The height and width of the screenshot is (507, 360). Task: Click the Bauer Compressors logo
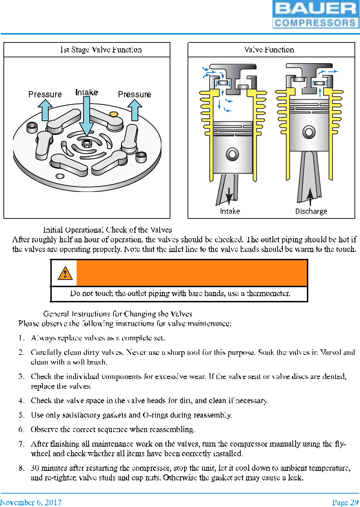coord(316,14)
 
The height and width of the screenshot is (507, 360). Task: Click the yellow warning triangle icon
coord(65,273)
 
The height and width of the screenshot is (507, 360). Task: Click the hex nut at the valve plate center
coord(87,143)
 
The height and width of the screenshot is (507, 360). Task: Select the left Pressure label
coord(45,94)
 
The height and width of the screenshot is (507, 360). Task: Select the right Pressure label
coord(134,94)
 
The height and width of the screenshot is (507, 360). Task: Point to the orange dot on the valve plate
coord(113,114)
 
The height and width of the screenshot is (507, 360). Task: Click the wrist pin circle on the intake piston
coord(232,154)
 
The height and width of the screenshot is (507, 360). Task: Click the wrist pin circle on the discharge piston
coord(309,131)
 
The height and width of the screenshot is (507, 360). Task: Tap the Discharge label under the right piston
coord(311,211)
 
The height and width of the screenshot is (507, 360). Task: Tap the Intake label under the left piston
coord(230,211)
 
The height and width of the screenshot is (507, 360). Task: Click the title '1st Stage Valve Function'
coord(101,50)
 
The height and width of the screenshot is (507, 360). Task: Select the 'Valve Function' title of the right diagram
coord(269,50)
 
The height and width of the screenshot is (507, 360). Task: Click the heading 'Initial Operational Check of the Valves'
coord(107,230)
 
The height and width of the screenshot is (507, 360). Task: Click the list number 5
coord(21,415)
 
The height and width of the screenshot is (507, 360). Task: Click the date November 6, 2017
coord(31,502)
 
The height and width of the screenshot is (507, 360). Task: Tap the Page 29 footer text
coord(345,502)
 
